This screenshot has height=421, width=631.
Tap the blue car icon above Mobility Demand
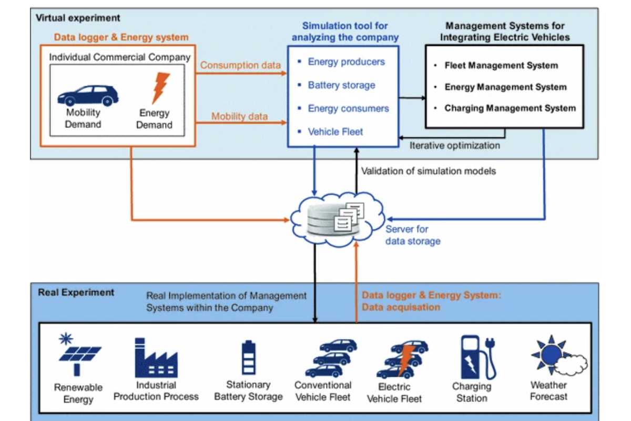pyautogui.click(x=87, y=95)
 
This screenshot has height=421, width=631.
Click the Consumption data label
pyautogui.click(x=240, y=65)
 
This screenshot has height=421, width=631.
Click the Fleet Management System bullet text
pyautogui.click(x=501, y=66)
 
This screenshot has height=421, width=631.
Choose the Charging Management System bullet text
pyautogui.click(x=510, y=108)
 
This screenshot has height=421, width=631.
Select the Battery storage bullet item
pyautogui.click(x=341, y=85)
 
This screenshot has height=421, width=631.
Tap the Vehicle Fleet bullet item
pyautogui.click(x=335, y=132)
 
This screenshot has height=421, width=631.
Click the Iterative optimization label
pyautogui.click(x=455, y=145)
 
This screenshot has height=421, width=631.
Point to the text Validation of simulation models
pyautogui.click(x=429, y=171)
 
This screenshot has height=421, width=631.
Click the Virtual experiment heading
pyautogui.click(x=78, y=18)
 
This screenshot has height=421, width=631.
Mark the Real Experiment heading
pyautogui.click(x=76, y=292)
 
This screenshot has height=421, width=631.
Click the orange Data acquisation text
pyautogui.click(x=401, y=307)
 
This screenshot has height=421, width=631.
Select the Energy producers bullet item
pyautogui.click(x=346, y=62)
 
